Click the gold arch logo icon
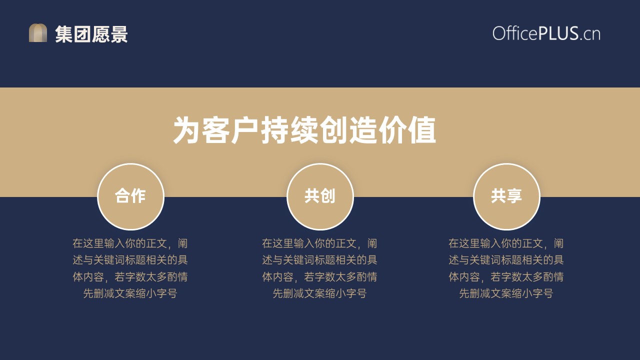(38, 33)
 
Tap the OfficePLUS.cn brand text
(546, 33)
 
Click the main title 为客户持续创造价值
(304, 130)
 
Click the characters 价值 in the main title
(407, 130)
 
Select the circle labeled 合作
(131, 196)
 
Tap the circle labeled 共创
(320, 196)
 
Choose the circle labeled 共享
(506, 196)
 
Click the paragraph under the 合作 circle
(130, 268)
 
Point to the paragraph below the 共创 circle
(319, 268)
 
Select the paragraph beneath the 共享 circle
(506, 268)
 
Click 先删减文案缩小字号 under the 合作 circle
(130, 293)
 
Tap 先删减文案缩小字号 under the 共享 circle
(506, 293)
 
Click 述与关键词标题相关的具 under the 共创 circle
(319, 260)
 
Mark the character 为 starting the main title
(186, 130)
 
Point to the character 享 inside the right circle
(514, 196)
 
